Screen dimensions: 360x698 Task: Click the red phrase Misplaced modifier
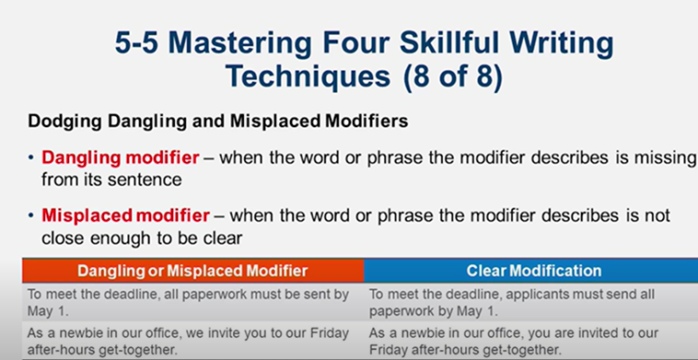coord(125,216)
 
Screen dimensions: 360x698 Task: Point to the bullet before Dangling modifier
coord(33,158)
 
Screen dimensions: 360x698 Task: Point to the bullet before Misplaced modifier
coord(33,216)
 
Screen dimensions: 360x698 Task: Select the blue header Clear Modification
coord(533,271)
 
